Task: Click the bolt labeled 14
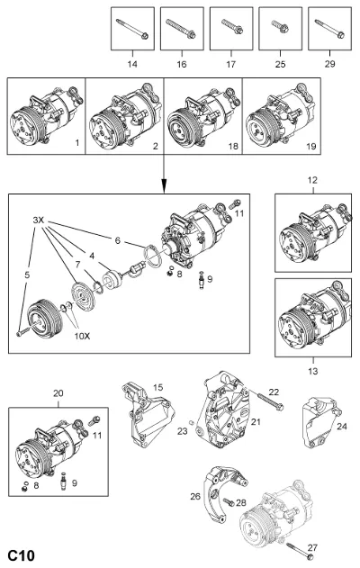click(x=132, y=29)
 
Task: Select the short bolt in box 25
click(x=280, y=26)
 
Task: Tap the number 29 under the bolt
click(x=329, y=64)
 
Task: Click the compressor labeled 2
click(x=125, y=116)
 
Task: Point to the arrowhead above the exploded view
click(x=164, y=187)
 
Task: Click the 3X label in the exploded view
click(x=38, y=220)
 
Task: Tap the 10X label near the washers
click(x=82, y=336)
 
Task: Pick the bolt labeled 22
click(x=271, y=402)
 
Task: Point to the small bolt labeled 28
click(x=229, y=502)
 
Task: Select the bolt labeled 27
click(x=301, y=550)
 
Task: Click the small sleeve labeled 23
click(x=193, y=422)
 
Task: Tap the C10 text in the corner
click(x=22, y=555)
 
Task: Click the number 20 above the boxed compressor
click(x=58, y=393)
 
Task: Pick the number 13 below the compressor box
click(x=313, y=371)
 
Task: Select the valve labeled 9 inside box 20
click(x=64, y=482)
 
